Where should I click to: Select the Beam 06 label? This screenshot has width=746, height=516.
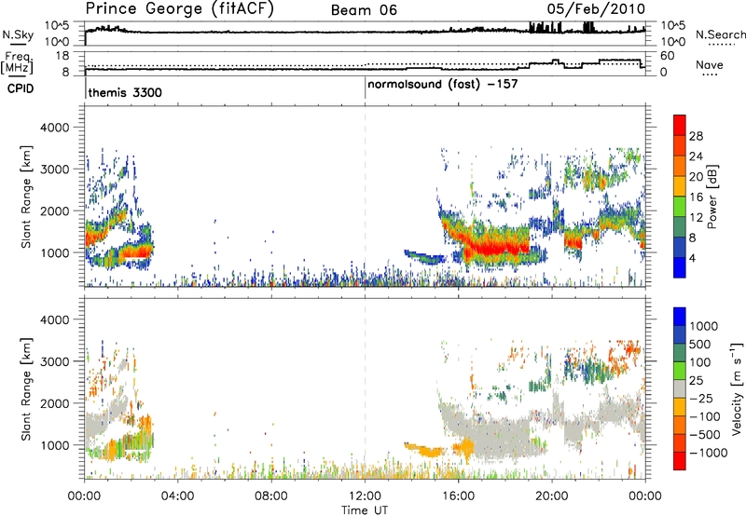365,10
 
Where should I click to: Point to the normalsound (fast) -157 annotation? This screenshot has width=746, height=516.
442,84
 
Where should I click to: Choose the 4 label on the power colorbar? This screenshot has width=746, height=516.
695,256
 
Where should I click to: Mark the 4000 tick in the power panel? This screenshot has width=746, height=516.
61,127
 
